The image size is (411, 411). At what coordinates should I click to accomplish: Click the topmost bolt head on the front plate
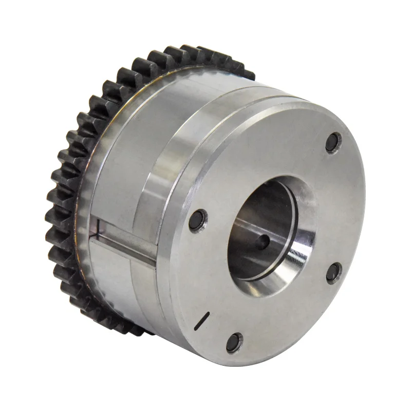coord(333,142)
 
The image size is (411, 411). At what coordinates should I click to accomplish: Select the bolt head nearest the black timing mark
coord(234,342)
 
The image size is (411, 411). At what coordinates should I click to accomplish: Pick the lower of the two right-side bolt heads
coord(333,272)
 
